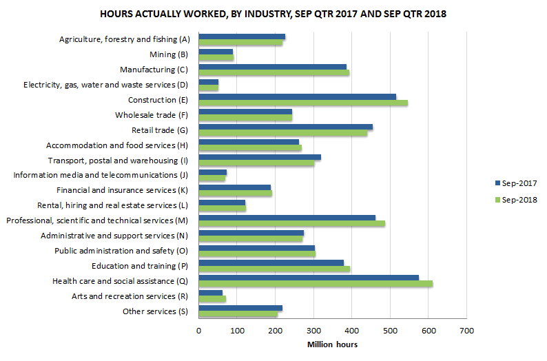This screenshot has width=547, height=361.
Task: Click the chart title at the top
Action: pos(273,14)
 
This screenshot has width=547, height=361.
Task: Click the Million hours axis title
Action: pos(332,344)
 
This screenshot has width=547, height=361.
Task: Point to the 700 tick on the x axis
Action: pos(466,331)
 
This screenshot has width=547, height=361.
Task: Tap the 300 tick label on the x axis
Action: pos(313,331)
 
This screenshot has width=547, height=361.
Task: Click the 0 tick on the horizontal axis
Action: pos(199,331)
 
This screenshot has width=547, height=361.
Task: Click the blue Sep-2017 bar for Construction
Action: pos(297,96)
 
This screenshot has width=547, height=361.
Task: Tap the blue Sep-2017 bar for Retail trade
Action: pos(285,127)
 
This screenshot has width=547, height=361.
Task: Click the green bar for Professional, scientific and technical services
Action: pos(291,223)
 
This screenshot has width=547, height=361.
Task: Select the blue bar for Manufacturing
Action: pos(272,66)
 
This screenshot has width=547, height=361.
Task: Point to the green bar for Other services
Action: pos(238,313)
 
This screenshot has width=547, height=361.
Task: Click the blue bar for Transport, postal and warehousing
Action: pos(260,157)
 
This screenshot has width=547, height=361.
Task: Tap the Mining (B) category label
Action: pos(168,54)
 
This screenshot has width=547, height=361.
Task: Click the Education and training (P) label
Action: pos(140,265)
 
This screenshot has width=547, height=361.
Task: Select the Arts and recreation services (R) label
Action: pos(130,296)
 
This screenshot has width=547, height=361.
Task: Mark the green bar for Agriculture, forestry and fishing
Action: pos(240,43)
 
